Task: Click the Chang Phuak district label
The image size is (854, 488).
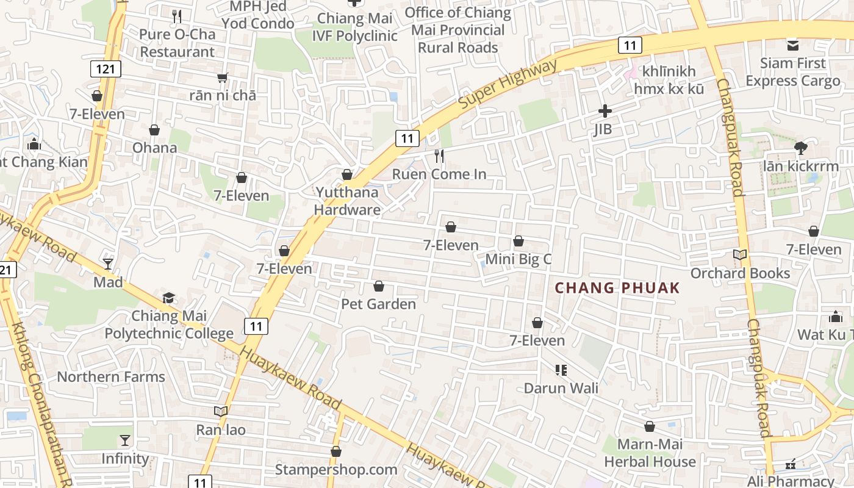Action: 617,288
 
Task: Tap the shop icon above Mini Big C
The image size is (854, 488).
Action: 518,241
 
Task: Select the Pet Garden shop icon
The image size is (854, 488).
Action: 379,286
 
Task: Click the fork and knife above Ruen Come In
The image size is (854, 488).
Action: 439,156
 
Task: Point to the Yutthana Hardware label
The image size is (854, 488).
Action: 348,201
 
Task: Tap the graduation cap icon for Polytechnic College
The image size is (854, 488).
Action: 168,298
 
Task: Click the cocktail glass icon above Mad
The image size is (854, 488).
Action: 108,264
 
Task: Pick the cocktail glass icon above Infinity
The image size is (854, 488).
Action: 125,440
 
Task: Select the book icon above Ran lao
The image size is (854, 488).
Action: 221,411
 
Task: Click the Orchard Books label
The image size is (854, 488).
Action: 740,273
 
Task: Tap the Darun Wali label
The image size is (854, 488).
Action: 561,388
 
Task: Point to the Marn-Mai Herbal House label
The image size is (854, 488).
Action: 650,453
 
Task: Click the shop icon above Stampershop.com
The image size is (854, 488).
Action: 335,451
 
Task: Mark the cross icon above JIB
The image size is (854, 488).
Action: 605,111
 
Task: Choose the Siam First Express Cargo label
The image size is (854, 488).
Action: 793,72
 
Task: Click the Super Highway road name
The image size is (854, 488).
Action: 508,84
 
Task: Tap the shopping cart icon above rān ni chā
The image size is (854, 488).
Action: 223,77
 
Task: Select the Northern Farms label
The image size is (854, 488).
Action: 111,376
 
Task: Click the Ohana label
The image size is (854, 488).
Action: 155,148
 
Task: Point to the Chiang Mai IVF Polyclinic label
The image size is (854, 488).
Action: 355,27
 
